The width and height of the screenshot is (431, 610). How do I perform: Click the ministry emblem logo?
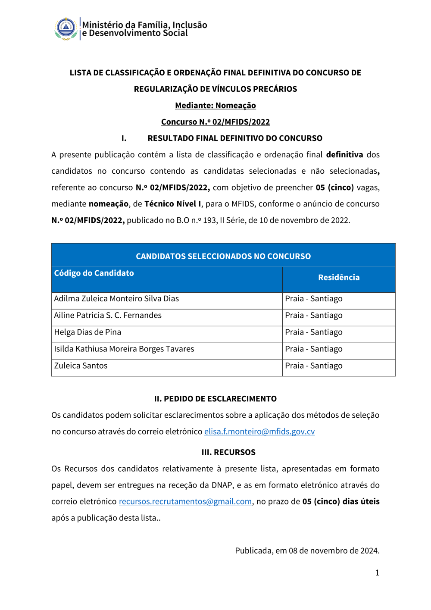(66, 29)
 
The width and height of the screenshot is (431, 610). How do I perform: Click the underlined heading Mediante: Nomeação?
(215, 106)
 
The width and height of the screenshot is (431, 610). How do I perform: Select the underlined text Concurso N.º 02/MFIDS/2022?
(215, 122)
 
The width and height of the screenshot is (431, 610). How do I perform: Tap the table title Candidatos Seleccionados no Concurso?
(223, 256)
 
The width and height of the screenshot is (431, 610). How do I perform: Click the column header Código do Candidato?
(94, 273)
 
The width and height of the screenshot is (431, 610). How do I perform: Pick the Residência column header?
(339, 278)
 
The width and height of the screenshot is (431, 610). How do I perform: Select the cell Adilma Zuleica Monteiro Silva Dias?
(116, 299)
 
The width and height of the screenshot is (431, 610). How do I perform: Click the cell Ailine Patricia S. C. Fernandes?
(108, 316)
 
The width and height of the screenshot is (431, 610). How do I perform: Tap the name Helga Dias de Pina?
(87, 332)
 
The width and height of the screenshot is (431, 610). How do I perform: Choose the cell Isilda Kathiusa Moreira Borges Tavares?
(124, 349)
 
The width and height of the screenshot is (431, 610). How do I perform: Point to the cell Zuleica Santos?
(81, 366)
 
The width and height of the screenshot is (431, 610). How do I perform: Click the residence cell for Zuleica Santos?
(314, 366)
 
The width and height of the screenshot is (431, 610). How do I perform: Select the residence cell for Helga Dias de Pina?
(314, 332)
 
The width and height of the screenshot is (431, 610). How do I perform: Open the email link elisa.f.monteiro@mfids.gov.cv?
(259, 432)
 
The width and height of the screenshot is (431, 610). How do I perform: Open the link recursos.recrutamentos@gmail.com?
(185, 501)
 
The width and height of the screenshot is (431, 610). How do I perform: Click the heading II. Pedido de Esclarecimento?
(215, 399)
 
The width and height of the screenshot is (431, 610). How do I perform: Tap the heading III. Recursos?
(228, 452)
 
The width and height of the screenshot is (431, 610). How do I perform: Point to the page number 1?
(377, 572)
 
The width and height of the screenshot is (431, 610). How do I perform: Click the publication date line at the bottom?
(307, 551)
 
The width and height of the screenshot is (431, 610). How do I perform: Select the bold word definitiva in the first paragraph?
(344, 155)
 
